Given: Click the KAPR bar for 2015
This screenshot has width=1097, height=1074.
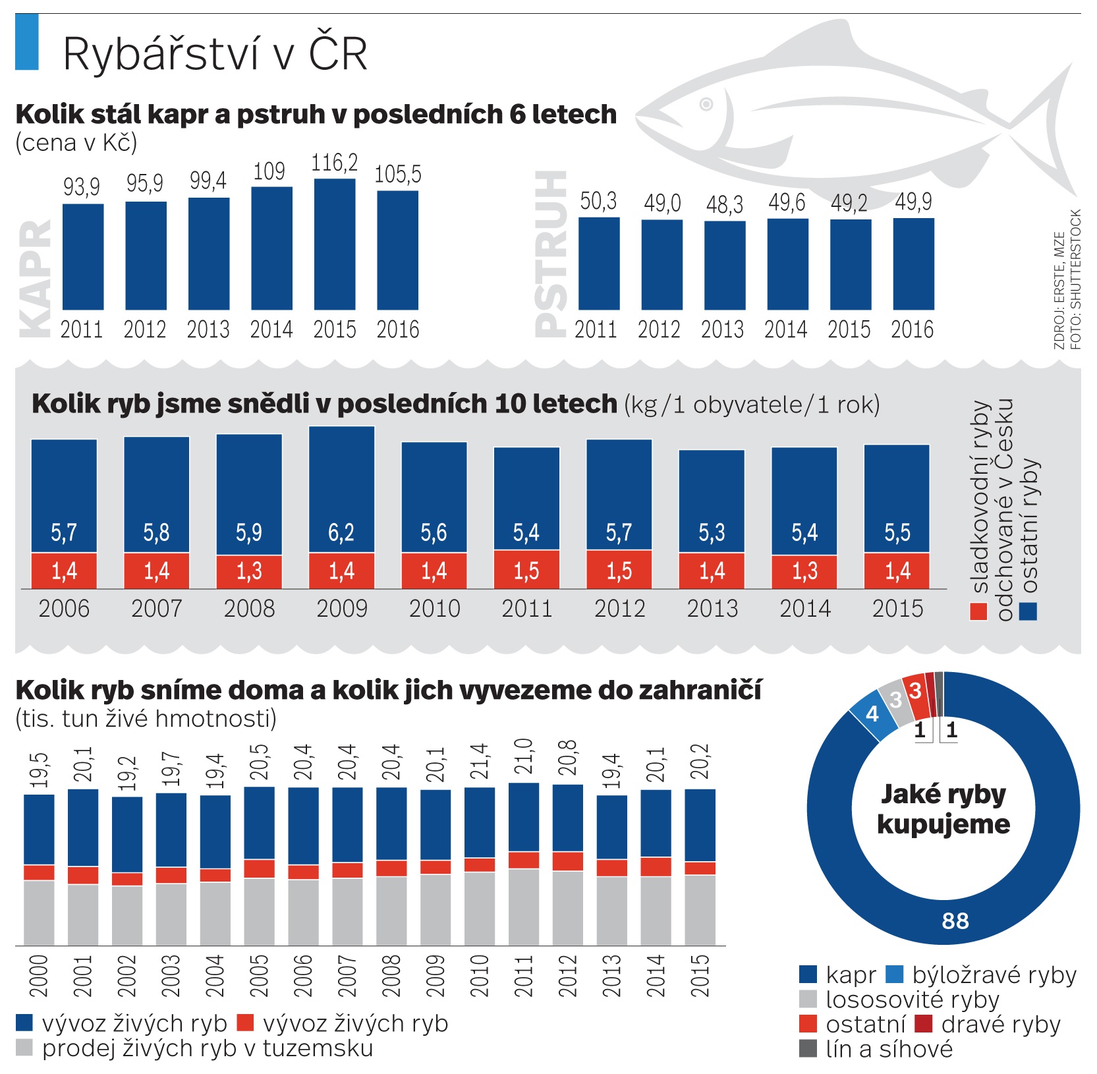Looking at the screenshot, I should tap(335, 244).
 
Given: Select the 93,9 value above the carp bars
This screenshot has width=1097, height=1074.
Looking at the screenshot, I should tap(82, 187).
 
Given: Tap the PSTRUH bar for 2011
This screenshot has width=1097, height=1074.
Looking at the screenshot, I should tap(599, 264).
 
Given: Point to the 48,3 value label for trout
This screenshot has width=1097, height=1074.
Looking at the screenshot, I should tap(725, 205).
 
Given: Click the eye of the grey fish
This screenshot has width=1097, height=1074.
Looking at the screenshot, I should tap(706, 104).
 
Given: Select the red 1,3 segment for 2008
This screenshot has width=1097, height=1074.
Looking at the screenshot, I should tap(249, 571).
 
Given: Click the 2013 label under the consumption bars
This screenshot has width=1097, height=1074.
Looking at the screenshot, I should tap(712, 608).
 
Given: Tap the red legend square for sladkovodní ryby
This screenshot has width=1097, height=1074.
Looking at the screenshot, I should tap(978, 611).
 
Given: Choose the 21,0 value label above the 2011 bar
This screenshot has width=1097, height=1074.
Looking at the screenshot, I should tap(524, 758).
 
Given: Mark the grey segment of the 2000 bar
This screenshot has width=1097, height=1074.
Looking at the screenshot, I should tap(39, 913).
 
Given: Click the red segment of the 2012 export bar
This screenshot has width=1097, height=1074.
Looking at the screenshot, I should tap(568, 861).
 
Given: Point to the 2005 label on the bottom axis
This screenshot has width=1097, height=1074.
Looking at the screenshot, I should tap(260, 976).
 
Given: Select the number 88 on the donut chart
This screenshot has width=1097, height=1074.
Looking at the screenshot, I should tap(955, 920).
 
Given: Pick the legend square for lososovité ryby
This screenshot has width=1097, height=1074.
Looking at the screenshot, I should tap(808, 1000).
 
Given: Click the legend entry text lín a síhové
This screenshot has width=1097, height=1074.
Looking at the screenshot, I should tap(889, 1049).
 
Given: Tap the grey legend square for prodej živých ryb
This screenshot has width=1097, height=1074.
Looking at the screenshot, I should tap(24, 1048).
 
